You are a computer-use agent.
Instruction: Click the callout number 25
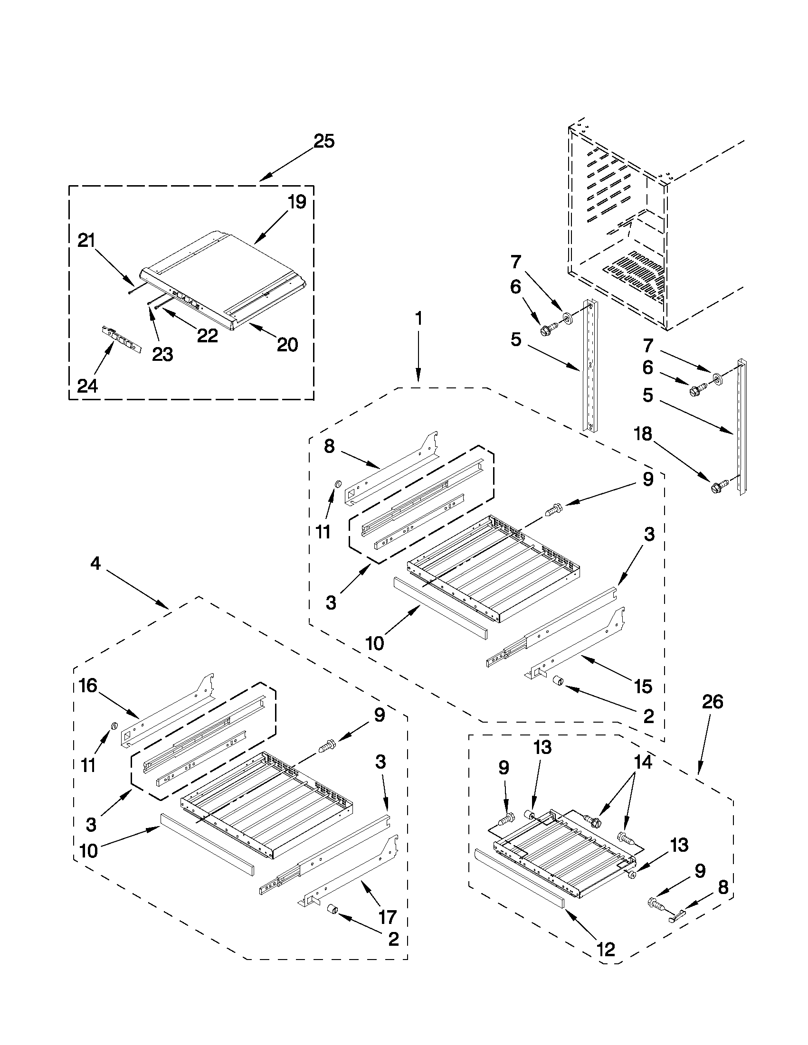[x=323, y=141]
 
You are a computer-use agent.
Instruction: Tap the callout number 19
[x=297, y=202]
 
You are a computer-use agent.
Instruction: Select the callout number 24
[x=88, y=385]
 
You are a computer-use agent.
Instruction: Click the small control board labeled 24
[x=122, y=340]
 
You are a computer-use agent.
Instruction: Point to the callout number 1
[x=418, y=319]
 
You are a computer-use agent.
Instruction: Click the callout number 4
[x=95, y=564]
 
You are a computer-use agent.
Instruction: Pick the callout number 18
[x=642, y=434]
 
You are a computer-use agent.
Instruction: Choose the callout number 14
[x=643, y=762]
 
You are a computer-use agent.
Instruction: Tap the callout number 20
[x=287, y=344]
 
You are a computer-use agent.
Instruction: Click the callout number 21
[x=86, y=240]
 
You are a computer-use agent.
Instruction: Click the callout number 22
[x=207, y=335]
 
